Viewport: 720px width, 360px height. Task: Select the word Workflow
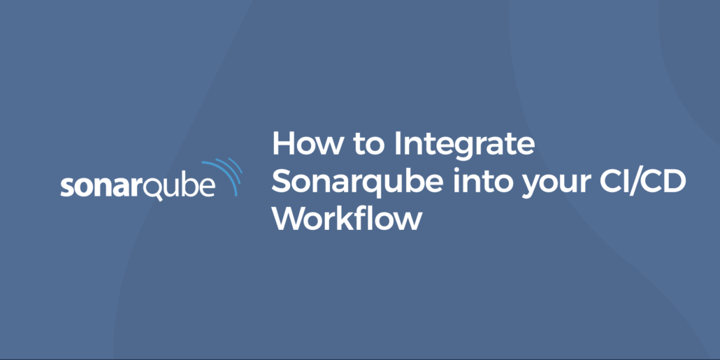(x=347, y=218)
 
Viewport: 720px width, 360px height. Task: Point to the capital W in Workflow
(x=288, y=218)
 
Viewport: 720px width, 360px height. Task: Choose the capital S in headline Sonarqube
(x=282, y=182)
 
